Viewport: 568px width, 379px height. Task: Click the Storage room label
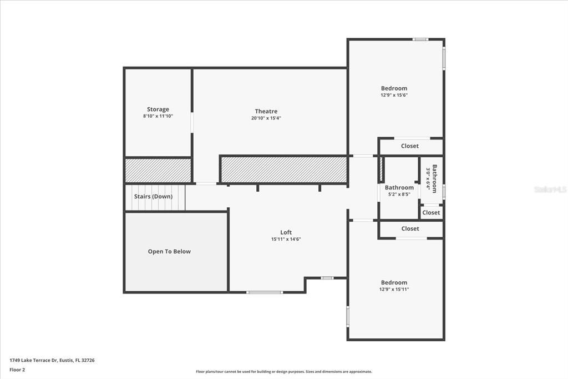click(158, 109)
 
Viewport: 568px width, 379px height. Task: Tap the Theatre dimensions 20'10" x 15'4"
click(266, 118)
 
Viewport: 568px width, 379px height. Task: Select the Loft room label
click(286, 232)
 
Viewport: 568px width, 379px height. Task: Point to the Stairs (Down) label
click(153, 196)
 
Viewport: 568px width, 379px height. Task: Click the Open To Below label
click(169, 251)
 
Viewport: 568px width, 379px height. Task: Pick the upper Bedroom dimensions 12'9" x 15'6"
click(394, 95)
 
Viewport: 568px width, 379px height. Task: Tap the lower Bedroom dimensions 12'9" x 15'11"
click(394, 290)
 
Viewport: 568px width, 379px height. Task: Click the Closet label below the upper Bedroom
click(410, 146)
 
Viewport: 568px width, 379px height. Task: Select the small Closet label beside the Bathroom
click(431, 213)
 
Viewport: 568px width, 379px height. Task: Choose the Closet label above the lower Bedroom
click(410, 229)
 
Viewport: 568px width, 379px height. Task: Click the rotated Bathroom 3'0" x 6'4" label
click(431, 178)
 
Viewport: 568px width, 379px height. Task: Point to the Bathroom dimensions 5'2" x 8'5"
click(399, 194)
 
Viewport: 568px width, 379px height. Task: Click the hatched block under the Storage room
click(158, 170)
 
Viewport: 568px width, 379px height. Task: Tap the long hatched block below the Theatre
click(283, 170)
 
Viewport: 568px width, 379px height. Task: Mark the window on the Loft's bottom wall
click(265, 292)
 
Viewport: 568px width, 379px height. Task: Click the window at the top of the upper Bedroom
click(420, 39)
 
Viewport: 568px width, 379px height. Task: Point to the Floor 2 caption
click(17, 370)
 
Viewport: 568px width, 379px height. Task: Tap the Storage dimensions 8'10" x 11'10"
click(158, 116)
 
